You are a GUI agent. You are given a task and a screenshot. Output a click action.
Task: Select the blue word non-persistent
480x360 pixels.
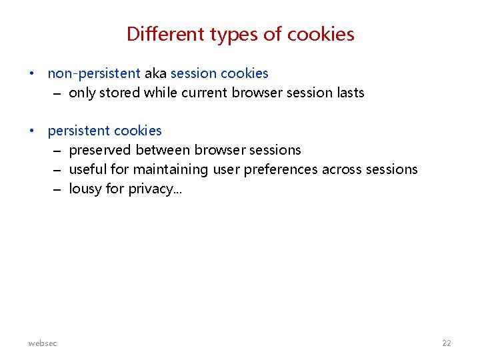94,73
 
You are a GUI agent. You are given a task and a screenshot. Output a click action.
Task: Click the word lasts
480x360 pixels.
351,93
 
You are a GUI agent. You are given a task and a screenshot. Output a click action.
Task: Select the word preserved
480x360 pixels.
100,150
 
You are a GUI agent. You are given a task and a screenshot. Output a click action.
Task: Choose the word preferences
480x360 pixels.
281,169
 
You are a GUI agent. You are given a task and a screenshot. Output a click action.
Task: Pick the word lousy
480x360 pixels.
85,189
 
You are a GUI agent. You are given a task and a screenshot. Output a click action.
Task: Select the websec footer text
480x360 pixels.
43,343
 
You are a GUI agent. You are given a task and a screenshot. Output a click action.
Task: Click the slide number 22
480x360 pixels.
446,343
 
